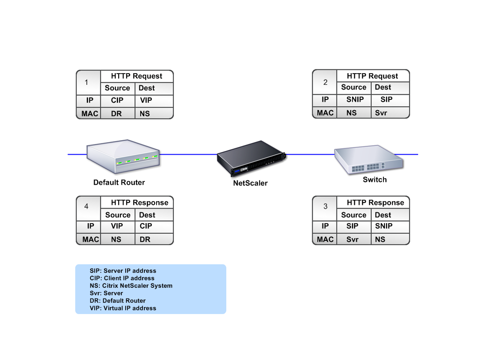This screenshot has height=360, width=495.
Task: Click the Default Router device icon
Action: pos(123,156)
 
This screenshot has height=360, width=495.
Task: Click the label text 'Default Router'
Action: pos(119,182)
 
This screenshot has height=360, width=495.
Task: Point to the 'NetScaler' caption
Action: pos(250,183)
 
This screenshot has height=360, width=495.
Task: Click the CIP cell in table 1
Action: pos(117,100)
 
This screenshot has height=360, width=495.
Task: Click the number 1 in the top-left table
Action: pos(86,82)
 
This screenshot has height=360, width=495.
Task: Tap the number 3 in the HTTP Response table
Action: pos(325,207)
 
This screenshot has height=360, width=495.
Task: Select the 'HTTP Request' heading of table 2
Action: pos(372,76)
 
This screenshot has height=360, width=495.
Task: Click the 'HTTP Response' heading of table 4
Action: pos(140,202)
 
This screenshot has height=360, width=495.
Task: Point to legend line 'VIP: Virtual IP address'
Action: pos(123,308)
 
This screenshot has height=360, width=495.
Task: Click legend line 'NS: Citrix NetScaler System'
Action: pos(131,286)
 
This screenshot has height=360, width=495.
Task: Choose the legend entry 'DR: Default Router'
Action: pos(118,300)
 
